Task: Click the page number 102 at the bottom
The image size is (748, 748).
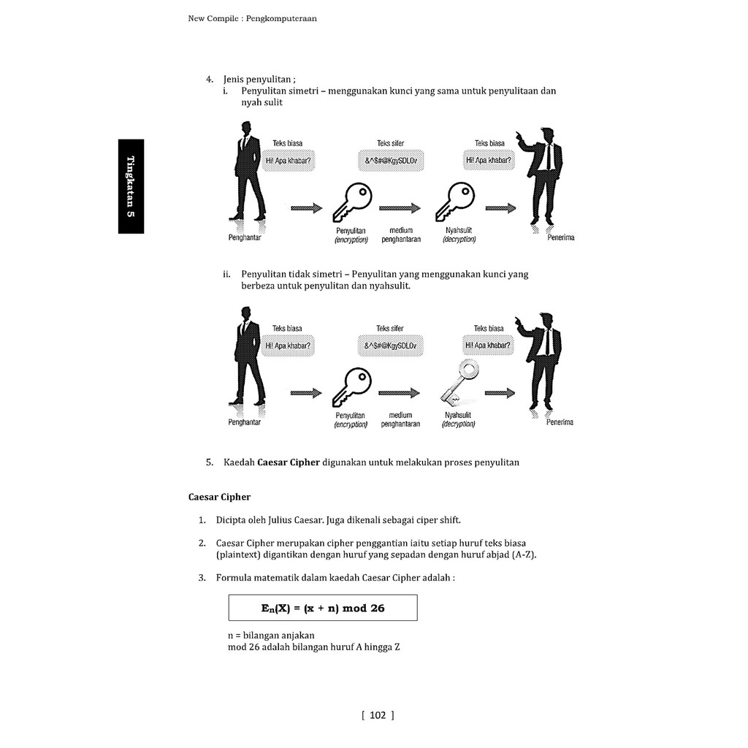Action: [378, 715]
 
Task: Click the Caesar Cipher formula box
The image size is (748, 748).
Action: [323, 608]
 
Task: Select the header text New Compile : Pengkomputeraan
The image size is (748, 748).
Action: [252, 19]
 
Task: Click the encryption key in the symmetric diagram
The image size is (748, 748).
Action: [352, 202]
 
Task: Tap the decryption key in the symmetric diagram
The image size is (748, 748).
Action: [455, 202]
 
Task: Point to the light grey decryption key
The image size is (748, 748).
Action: [458, 382]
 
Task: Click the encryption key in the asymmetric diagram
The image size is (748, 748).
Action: [352, 387]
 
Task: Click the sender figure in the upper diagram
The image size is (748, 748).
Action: [247, 172]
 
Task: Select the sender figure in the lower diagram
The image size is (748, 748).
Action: [247, 356]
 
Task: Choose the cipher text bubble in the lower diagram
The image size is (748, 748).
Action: [390, 345]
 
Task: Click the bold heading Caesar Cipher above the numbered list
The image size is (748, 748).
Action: [219, 497]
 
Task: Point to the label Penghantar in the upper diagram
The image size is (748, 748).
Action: [245, 237]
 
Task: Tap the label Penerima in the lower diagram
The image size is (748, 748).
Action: [559, 422]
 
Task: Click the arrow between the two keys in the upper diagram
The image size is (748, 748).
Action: [400, 208]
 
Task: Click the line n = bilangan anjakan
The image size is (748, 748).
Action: [271, 636]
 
